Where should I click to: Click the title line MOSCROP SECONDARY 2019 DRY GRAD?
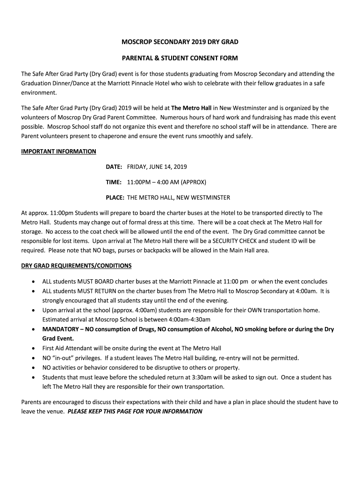[180, 42]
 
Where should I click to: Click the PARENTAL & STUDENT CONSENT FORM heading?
[180, 58]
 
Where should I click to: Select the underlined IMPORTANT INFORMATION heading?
[59, 151]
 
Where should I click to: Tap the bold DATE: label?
[114, 167]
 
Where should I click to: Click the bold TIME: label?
[114, 182]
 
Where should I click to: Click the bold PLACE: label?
[115, 197]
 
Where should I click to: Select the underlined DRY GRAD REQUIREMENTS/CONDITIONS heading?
[77, 266]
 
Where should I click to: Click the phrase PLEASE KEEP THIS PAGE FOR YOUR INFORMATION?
[135, 412]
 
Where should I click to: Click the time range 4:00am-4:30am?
[187, 319]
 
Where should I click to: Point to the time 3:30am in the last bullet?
[202, 377]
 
